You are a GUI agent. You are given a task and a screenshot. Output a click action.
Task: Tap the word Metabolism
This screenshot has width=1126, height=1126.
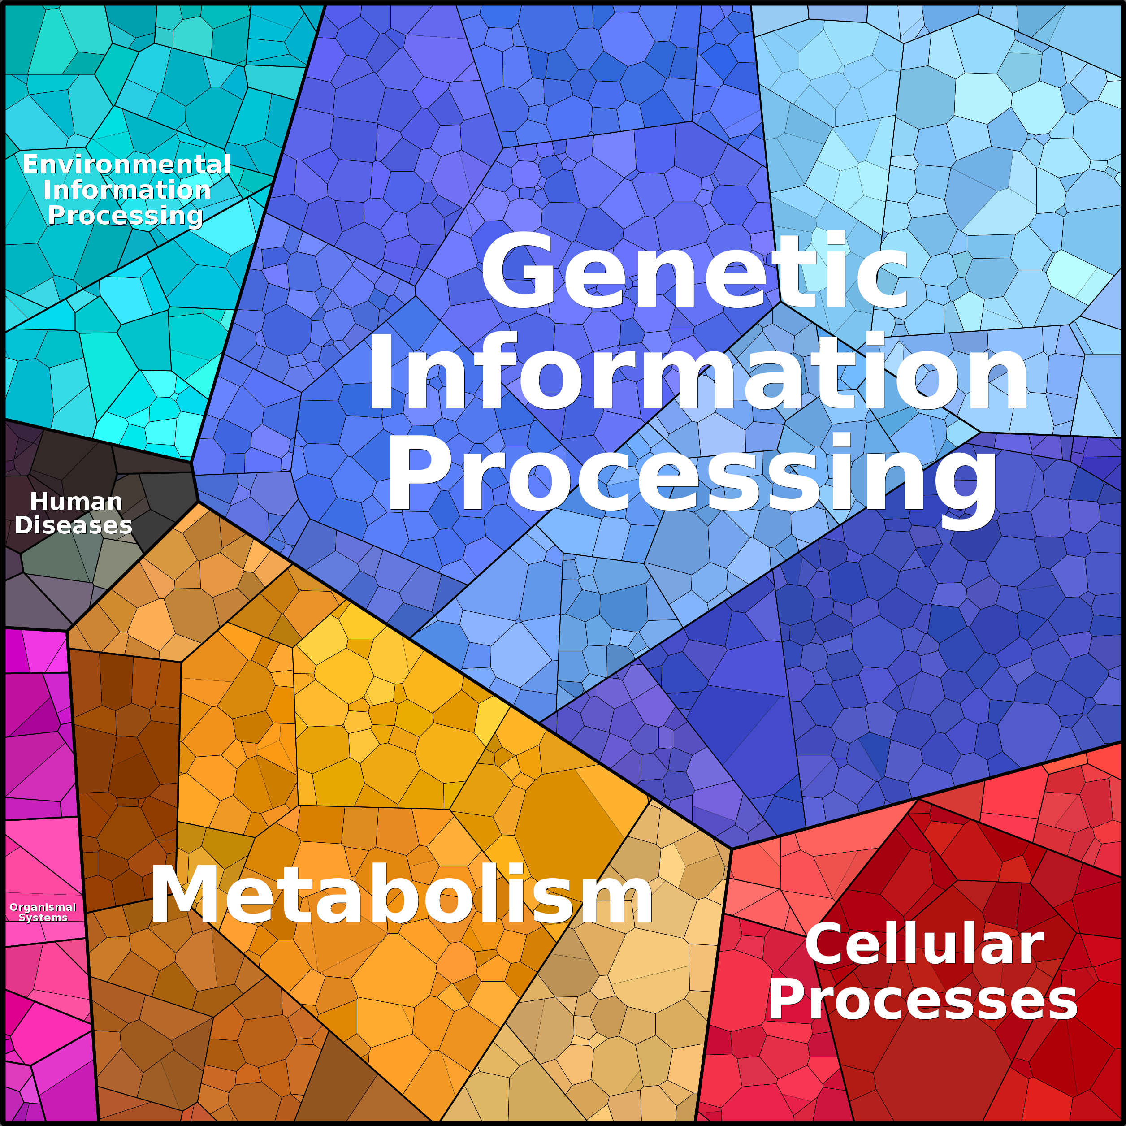(x=401, y=894)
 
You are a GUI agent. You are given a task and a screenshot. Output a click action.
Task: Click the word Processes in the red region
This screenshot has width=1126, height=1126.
(x=922, y=1000)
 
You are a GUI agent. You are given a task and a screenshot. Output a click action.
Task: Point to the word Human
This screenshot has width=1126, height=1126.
(x=76, y=501)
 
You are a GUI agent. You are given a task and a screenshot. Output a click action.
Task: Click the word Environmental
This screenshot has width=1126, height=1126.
(x=126, y=165)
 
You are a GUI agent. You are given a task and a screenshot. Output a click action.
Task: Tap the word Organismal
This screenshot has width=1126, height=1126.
(x=43, y=907)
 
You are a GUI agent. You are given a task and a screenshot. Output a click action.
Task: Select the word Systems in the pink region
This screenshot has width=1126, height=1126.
(x=43, y=918)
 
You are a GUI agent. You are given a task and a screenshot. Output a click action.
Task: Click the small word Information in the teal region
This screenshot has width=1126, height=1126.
(x=127, y=190)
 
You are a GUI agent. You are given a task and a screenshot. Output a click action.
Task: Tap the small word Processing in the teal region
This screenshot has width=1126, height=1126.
(x=126, y=216)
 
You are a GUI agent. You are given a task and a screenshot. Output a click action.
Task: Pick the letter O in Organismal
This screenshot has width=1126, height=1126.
(x=14, y=907)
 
